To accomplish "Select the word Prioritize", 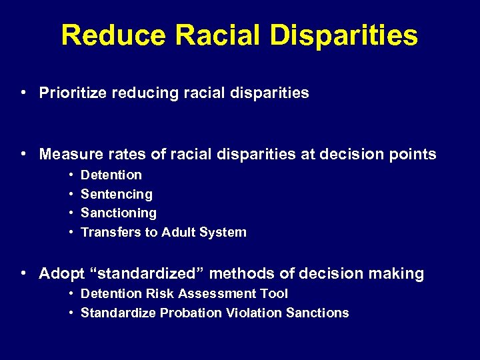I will click(73, 93).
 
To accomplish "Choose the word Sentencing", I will click(116, 194).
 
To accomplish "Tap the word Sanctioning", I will click(118, 213).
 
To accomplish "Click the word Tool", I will click(273, 293).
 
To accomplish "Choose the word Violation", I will click(255, 313).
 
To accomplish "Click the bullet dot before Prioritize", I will click(23, 93).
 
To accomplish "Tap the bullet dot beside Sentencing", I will click(71, 194).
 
